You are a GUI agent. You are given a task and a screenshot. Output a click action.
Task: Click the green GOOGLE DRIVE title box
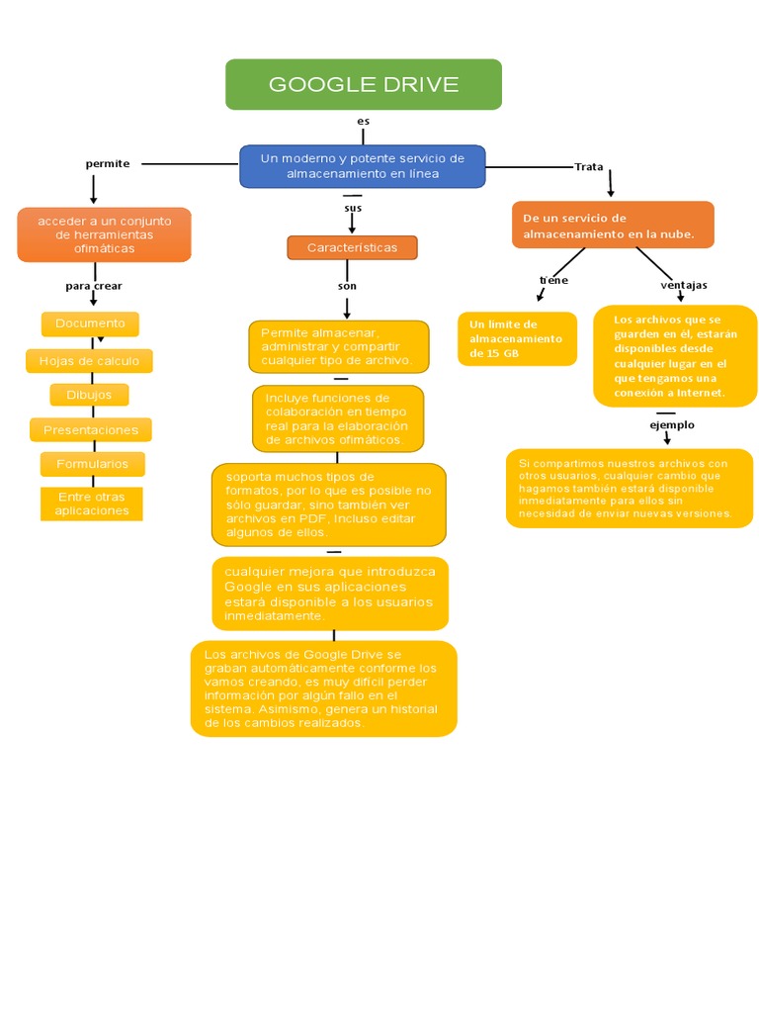tap(363, 84)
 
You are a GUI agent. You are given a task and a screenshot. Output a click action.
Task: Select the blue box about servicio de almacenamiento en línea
tap(363, 166)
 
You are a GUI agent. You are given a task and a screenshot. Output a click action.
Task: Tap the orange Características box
tap(352, 247)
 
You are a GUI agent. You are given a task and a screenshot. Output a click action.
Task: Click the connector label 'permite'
tap(108, 163)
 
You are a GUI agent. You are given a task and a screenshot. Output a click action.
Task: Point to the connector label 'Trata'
tap(589, 166)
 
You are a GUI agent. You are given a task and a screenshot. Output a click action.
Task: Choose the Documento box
tap(90, 323)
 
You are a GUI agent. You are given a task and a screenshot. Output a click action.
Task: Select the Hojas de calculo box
tap(89, 361)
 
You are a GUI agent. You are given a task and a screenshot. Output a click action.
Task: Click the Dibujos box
tap(89, 395)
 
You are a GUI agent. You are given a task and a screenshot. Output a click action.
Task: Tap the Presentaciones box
tap(91, 430)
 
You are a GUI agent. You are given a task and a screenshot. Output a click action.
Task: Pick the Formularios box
tap(92, 464)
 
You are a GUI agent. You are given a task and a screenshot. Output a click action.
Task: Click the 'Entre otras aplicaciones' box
tap(92, 504)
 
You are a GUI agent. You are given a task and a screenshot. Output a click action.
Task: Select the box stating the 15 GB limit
tap(517, 339)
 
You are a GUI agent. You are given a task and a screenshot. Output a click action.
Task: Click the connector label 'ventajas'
tap(684, 285)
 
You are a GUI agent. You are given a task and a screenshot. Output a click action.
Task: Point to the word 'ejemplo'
tap(672, 424)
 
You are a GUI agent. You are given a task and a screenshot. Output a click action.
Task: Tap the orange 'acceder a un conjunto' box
tap(104, 234)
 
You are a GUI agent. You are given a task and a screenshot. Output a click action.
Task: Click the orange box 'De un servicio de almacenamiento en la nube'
tap(613, 226)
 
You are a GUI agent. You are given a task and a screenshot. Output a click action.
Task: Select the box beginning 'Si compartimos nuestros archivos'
tap(629, 488)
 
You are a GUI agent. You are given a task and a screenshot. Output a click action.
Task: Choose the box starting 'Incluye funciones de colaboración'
tap(337, 418)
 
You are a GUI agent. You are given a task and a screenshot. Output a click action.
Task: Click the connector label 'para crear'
tap(94, 286)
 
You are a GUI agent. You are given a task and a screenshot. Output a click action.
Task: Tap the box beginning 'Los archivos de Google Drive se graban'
tap(323, 689)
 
